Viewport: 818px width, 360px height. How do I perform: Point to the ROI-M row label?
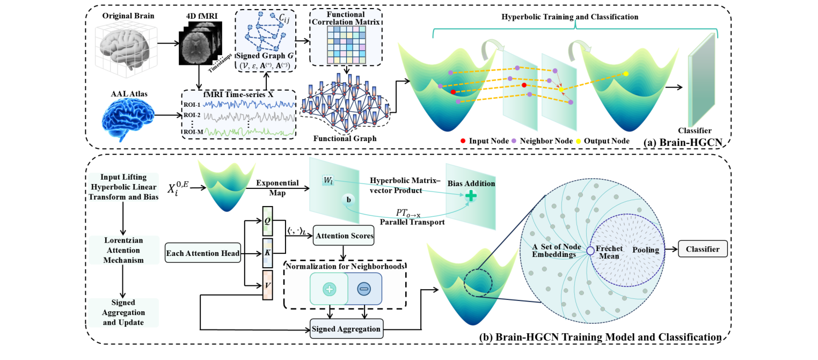(192, 132)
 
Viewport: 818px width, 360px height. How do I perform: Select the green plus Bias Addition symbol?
(471, 197)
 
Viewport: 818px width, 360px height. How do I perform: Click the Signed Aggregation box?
(347, 328)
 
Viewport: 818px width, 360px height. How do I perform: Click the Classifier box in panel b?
(703, 249)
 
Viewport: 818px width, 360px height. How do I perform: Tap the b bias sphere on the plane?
(348, 200)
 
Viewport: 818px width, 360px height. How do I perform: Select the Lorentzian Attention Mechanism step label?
(124, 250)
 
